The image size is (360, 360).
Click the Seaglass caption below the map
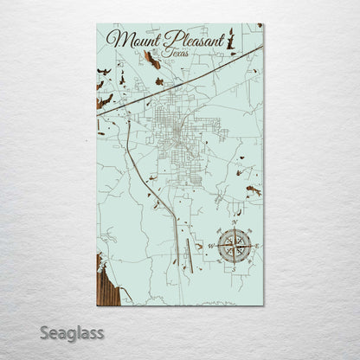pos(71,332)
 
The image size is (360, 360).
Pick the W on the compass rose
pos(210,247)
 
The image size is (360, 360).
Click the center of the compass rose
pos(233,247)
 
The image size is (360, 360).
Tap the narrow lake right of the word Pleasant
pos(232,39)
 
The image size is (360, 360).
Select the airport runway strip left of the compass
pos(188,250)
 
